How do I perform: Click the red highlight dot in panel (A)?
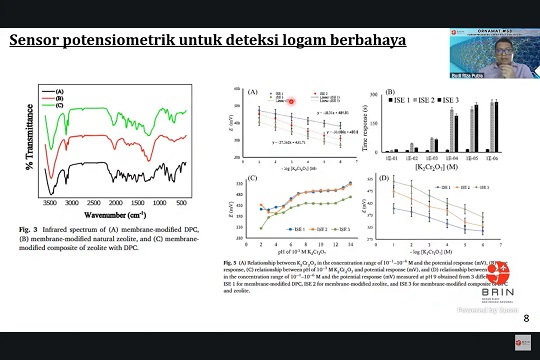pyautogui.click(x=291, y=101)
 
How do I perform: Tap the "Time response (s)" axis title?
pyautogui.click(x=369, y=125)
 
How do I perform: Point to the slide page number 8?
pyautogui.click(x=526, y=319)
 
